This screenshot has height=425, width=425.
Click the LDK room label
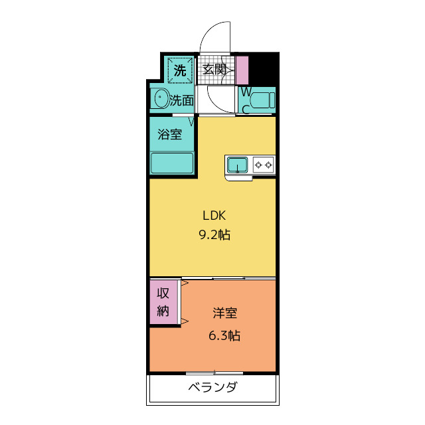(214, 215)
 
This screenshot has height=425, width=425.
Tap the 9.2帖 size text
(214, 234)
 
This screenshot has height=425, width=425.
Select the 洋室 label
(224, 313)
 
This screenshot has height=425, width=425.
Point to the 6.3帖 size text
(224, 335)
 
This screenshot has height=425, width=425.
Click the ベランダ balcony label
(213, 387)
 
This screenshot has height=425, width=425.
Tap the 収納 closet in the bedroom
(163, 302)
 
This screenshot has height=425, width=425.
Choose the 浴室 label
(170, 134)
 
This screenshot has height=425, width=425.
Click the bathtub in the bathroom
(172, 163)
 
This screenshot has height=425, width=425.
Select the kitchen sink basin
(238, 165)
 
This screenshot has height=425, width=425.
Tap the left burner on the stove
(258, 165)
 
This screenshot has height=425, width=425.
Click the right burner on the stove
(268, 165)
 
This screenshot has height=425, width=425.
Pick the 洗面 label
(182, 100)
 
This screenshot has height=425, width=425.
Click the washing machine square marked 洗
(180, 70)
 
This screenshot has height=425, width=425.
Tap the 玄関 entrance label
(214, 69)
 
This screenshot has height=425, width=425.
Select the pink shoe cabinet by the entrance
(242, 70)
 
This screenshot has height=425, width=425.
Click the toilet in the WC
(262, 100)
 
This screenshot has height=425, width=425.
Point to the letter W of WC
(246, 92)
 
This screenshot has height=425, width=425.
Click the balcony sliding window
(214, 373)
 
